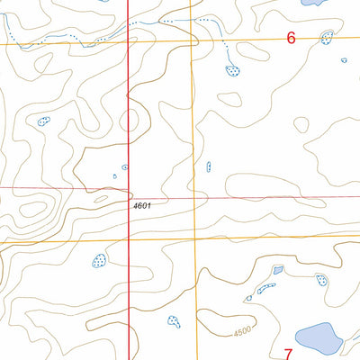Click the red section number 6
291,39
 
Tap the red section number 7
289,353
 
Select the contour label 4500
238,333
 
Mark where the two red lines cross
130,188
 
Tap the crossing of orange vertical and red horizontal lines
195,195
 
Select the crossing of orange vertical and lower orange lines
196,238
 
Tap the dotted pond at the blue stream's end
232,69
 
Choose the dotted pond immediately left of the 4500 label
174,320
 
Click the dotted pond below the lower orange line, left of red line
99,261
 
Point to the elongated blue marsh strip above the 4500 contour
265,289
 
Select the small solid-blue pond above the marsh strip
277,269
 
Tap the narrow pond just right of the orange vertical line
209,166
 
